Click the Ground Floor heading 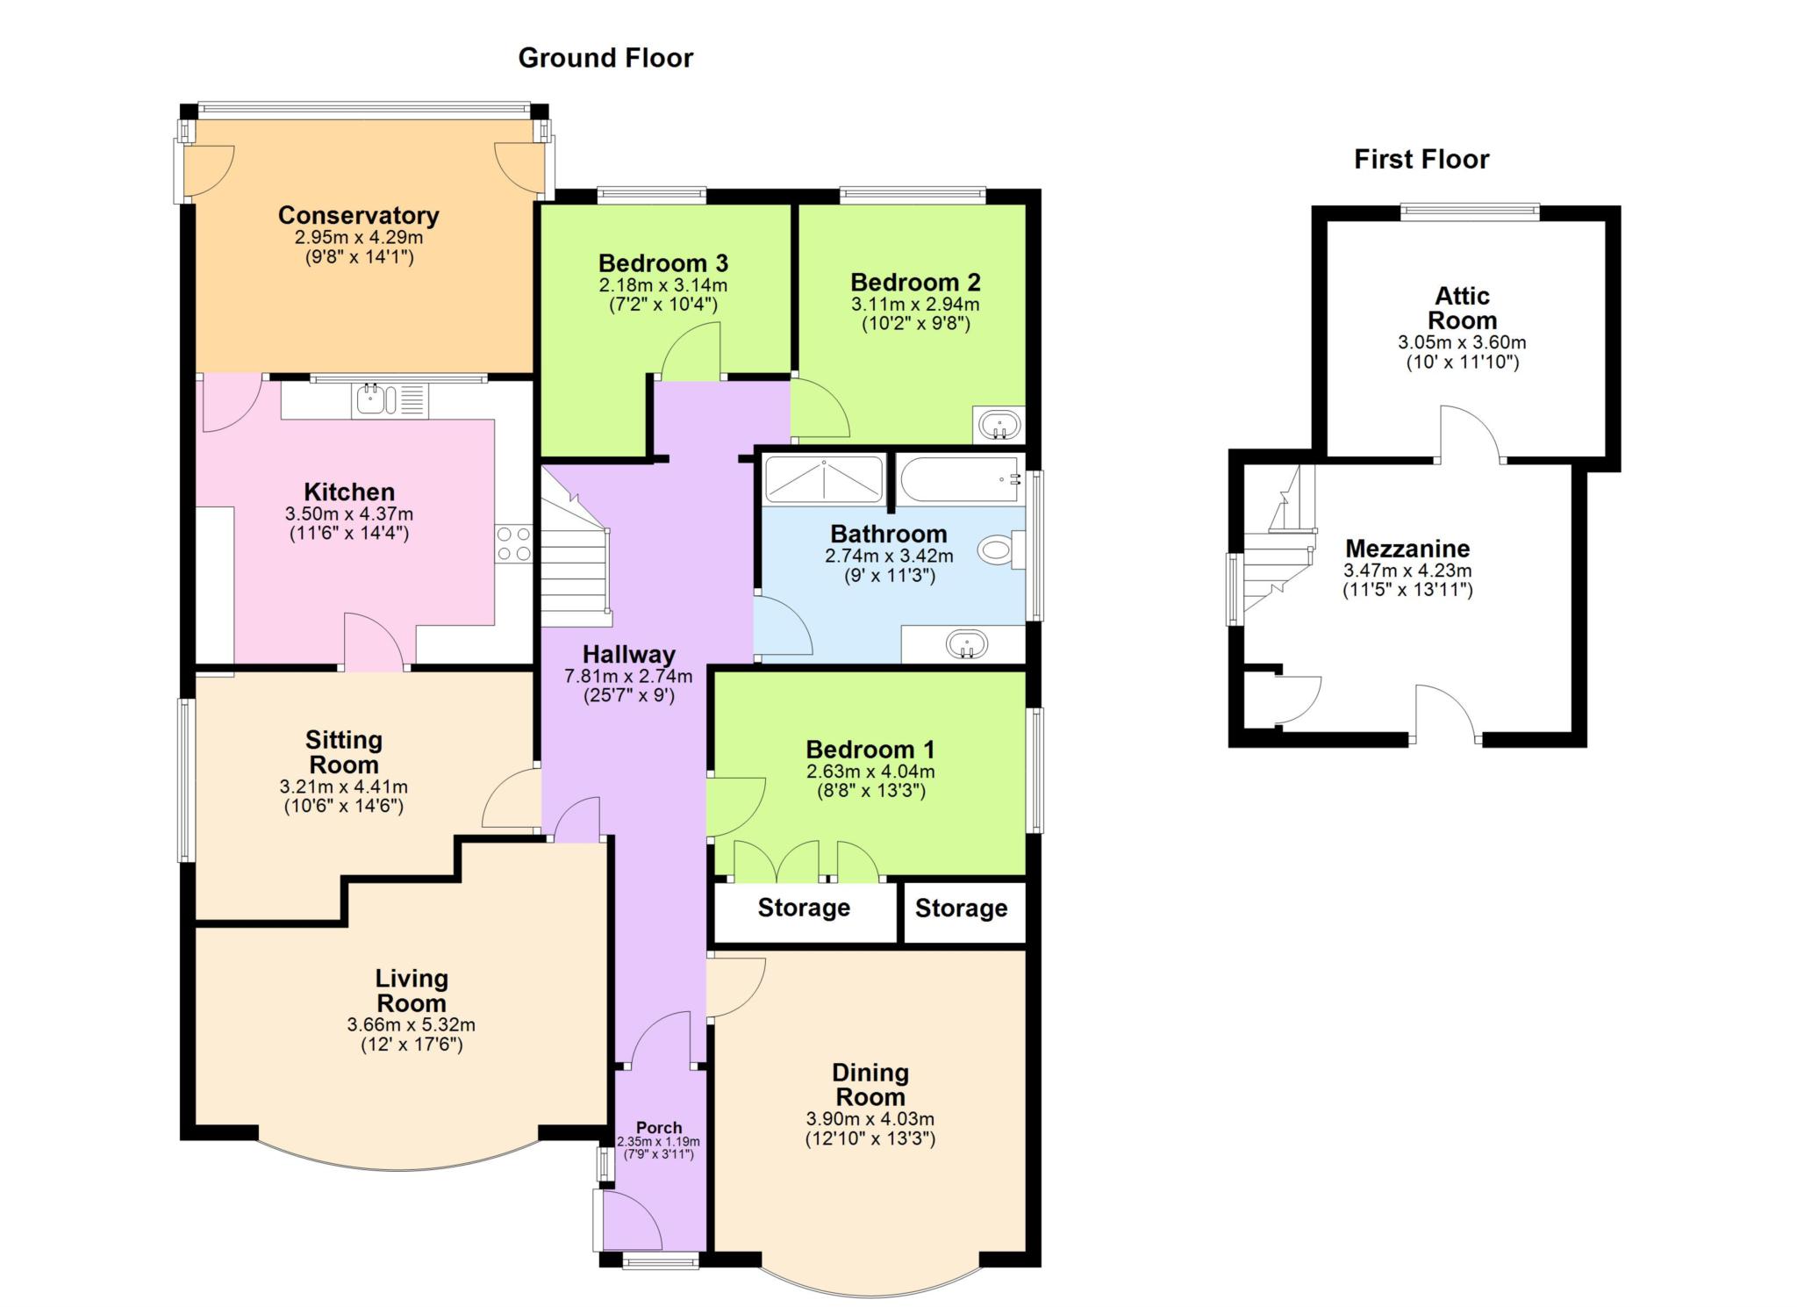pos(605,58)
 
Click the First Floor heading pos(1421,159)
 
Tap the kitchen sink pos(390,401)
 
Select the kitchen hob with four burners pos(513,543)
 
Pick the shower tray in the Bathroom pos(824,478)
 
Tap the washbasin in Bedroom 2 pos(999,426)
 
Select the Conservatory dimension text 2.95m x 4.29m pos(359,237)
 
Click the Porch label pos(659,1127)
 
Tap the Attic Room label pos(1462,307)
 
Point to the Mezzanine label pos(1407,549)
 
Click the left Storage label pos(804,908)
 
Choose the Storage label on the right pos(961,908)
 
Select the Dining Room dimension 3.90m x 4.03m pos(870,1119)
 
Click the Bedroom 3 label pos(663,263)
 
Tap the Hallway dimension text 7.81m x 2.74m pos(628,676)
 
